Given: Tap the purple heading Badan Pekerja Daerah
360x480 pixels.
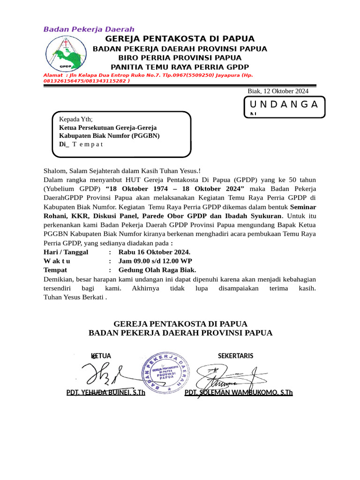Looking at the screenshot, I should click(x=89, y=29).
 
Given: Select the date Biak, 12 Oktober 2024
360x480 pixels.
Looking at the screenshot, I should click(x=277, y=91).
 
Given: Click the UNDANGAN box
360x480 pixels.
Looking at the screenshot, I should click(x=284, y=106).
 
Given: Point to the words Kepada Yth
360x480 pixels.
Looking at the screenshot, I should click(x=75, y=119).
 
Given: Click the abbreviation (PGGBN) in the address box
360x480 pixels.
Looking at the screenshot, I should click(x=146, y=135).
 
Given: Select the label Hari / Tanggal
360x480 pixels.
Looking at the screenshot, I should click(x=66, y=253).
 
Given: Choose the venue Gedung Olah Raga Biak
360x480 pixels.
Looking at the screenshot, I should click(x=157, y=270).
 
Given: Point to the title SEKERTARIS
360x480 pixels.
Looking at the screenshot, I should click(x=235, y=356).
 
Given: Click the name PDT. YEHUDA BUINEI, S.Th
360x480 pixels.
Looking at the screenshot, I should click(x=105, y=392).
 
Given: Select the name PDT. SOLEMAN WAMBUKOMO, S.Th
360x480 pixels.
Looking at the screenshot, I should click(x=239, y=392).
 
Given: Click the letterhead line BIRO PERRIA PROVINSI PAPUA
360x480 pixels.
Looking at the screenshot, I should click(x=180, y=58).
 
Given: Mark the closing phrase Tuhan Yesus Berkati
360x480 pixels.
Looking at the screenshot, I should click(x=74, y=297).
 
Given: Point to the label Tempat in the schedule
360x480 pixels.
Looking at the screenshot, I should click(x=55, y=270).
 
